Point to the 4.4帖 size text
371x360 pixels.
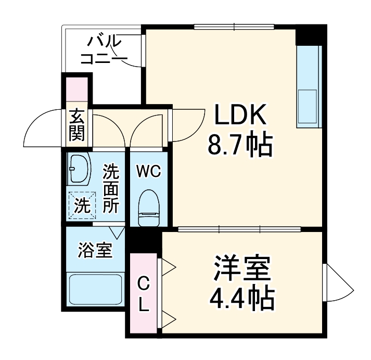point(241,298)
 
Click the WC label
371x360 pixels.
point(148,171)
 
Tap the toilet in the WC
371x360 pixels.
point(148,208)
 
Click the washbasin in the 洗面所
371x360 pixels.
point(79,169)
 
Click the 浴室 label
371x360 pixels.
point(95,250)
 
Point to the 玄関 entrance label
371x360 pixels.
point(78,125)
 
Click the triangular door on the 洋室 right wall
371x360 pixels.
point(337,286)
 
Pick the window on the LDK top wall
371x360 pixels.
point(234,27)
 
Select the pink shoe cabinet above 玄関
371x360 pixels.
point(78,93)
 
